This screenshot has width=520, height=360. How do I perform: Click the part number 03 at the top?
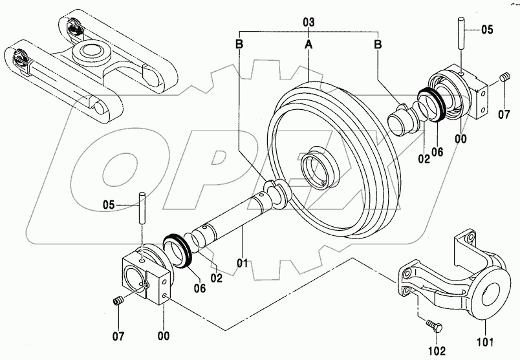(x=309, y=22)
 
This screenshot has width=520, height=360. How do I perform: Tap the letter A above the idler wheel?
(x=309, y=44)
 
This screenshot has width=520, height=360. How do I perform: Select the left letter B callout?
(x=239, y=44)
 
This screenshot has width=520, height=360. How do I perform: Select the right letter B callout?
(x=378, y=44)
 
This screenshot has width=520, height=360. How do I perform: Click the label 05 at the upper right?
(x=487, y=30)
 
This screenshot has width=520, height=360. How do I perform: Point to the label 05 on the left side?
(x=109, y=205)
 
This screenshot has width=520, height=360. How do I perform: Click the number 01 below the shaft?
(x=243, y=264)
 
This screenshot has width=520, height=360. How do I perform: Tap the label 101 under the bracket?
(x=485, y=342)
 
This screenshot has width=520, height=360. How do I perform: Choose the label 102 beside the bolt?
(x=437, y=350)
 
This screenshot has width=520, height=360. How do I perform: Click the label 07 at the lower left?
(x=118, y=337)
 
